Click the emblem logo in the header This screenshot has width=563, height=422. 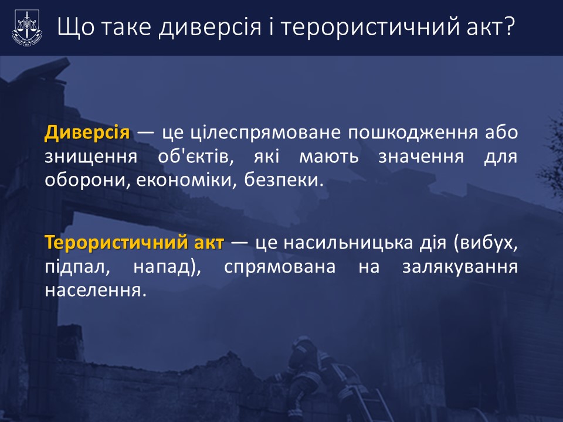(28, 28)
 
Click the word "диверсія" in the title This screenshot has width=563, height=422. (210, 28)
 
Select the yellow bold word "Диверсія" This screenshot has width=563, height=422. (87, 132)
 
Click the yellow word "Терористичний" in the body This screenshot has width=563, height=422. (116, 243)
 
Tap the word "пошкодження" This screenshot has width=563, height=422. (413, 133)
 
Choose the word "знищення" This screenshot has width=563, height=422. (91, 157)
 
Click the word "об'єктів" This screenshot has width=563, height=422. (196, 156)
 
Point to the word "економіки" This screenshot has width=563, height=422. (186, 180)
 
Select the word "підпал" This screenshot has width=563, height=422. (77, 267)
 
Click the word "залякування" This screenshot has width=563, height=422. (460, 267)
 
